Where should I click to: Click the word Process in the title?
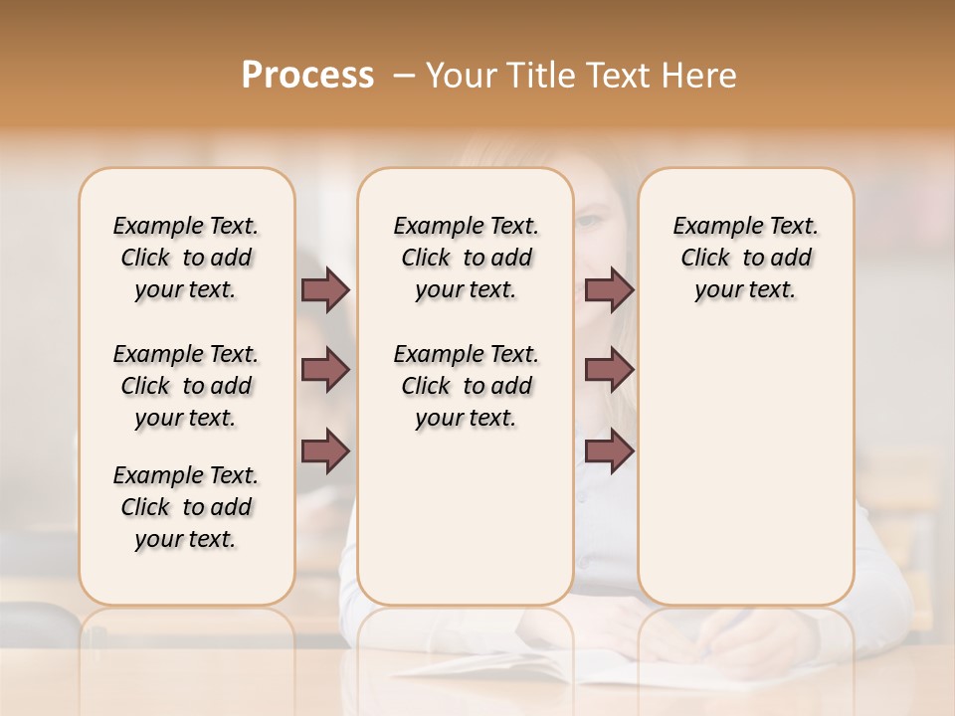click(307, 76)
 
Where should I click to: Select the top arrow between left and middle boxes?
click(325, 289)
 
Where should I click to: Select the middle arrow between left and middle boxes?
click(325, 370)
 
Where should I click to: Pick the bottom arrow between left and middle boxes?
click(325, 451)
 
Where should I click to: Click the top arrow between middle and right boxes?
click(609, 289)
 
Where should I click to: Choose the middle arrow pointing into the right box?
click(609, 370)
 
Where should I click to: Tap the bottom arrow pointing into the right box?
click(609, 451)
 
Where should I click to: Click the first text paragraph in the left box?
click(186, 258)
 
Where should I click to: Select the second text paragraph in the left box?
click(186, 386)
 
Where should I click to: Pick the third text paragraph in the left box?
click(186, 507)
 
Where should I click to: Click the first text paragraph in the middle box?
click(466, 258)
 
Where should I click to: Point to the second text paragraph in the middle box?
click(466, 386)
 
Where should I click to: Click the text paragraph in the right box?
click(745, 258)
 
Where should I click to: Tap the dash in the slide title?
click(405, 76)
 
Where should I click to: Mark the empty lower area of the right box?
click(745, 467)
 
